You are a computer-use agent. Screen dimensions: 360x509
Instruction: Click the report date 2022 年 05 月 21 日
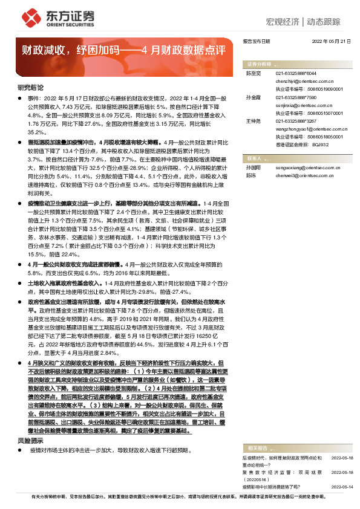(331, 41)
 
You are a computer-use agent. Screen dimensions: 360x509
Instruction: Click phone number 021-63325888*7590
(296, 97)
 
